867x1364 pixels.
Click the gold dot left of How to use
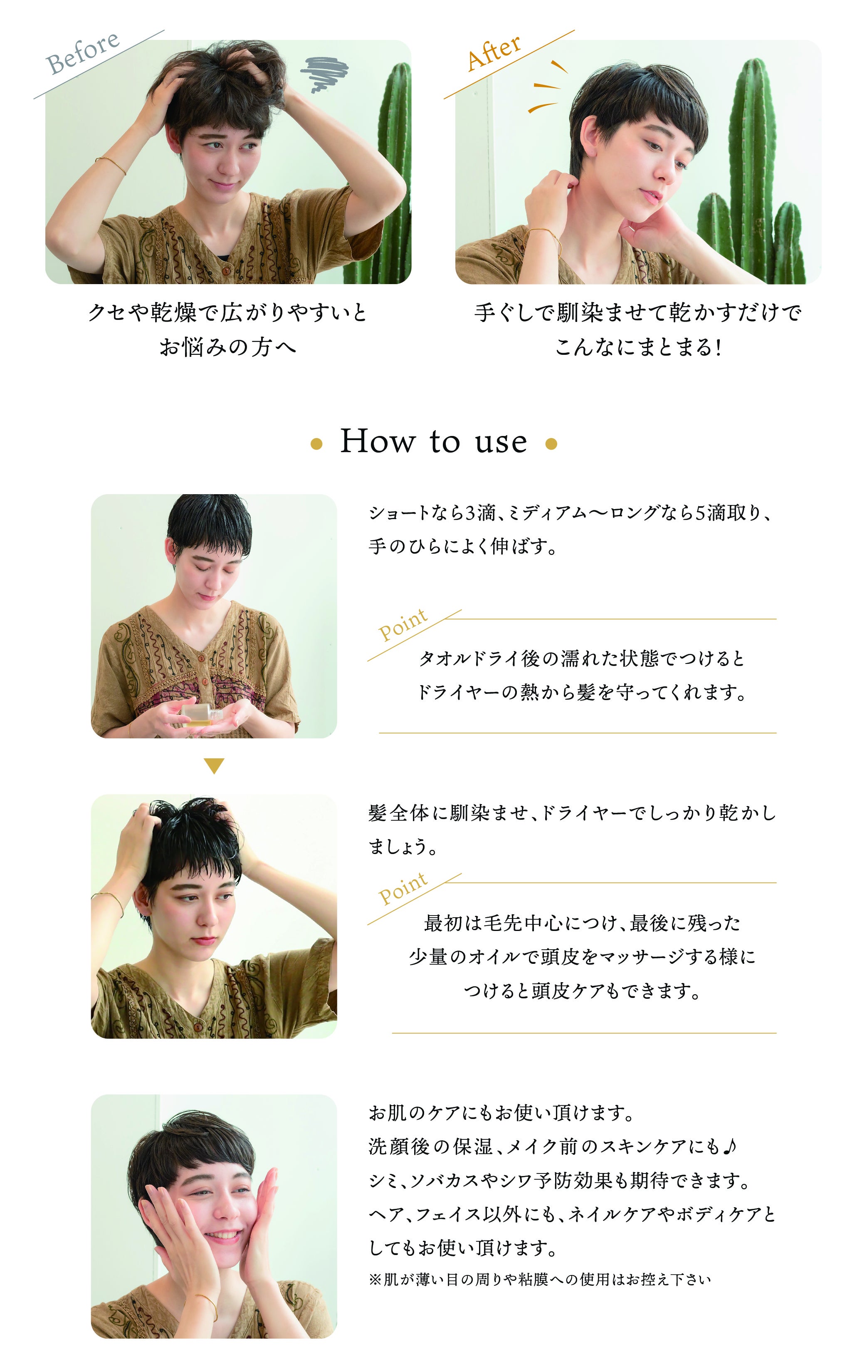pos(316,445)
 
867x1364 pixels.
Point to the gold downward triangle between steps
pos(214,766)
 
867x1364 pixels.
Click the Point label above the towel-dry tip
pos(403,625)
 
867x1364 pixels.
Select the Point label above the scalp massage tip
pos(403,889)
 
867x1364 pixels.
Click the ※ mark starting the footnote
pos(375,1280)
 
